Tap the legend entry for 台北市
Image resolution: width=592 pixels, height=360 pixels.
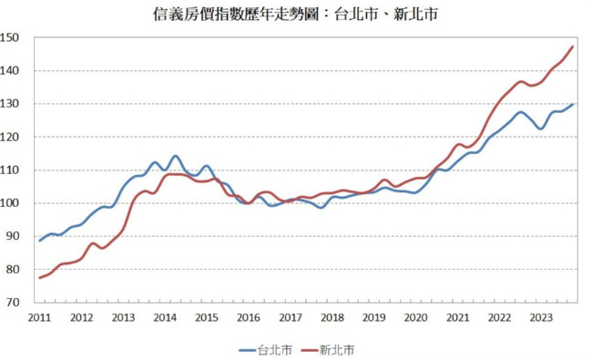point(266,350)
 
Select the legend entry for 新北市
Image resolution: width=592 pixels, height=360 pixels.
point(328,350)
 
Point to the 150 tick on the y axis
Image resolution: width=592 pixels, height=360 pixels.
point(9,37)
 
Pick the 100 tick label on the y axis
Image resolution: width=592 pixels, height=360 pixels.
point(9,203)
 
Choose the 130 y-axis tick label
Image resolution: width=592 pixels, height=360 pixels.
point(9,104)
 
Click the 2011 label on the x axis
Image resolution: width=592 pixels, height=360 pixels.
point(39,318)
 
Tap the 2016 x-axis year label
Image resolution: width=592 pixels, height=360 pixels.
point(249,318)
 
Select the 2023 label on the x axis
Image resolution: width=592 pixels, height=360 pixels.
point(541,318)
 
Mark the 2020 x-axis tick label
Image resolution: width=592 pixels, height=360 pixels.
point(415,318)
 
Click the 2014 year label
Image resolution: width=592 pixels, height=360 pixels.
point(165,318)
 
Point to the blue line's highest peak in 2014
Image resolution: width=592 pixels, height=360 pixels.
point(176,156)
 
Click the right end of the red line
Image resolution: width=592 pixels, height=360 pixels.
point(572,46)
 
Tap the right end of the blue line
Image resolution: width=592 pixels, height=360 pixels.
point(572,105)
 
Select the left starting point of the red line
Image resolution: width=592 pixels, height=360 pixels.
point(40,278)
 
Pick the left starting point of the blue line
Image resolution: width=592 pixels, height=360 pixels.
point(40,241)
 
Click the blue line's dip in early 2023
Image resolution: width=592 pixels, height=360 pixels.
point(541,129)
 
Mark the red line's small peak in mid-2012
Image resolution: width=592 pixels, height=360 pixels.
point(93,243)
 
